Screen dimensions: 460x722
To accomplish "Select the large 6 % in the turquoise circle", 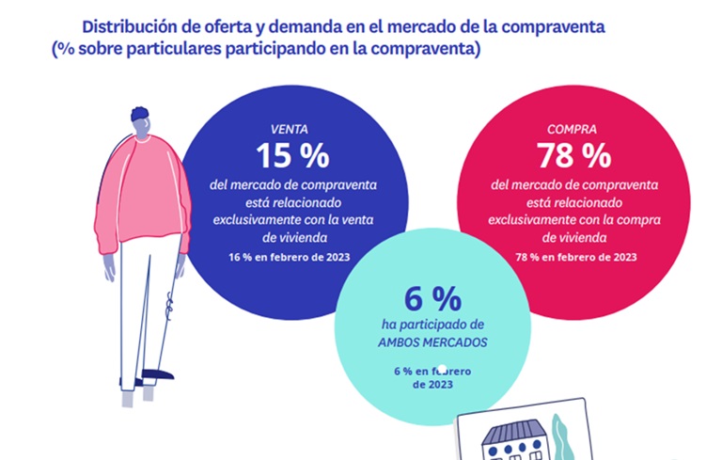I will tap(432, 300).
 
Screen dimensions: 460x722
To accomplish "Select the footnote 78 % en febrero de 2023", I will tap(575, 257).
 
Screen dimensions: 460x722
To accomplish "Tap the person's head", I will tap(142, 120).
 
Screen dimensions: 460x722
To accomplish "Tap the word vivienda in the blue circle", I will tap(290, 238).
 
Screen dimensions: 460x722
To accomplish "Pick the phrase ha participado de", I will tap(432, 325).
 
